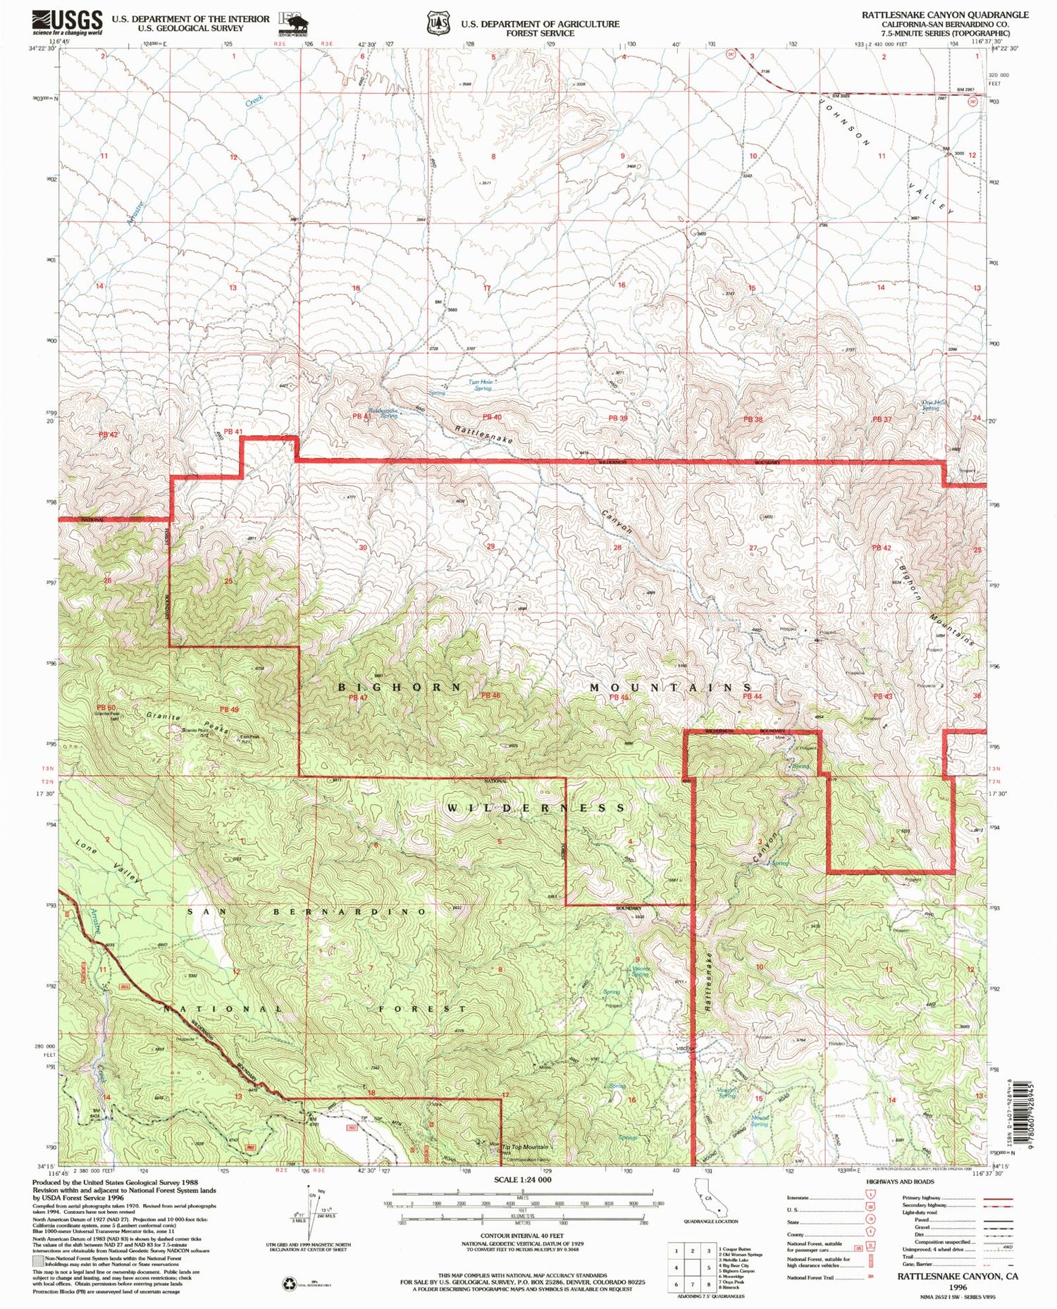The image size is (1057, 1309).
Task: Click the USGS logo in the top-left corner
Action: [67, 23]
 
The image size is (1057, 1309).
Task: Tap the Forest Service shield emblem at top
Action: [434, 23]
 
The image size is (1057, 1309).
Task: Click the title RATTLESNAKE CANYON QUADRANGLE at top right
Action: [944, 14]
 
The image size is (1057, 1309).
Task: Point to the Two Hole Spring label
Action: [483, 385]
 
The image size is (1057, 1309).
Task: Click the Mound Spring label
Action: [759, 1120]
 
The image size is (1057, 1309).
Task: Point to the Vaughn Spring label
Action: [727, 1093]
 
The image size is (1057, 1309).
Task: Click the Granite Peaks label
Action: [187, 723]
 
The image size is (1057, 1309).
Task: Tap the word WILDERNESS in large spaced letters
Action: [536, 807]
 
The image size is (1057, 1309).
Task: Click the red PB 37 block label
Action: [882, 419]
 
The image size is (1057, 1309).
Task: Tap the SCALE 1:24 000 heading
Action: [522, 1179]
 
